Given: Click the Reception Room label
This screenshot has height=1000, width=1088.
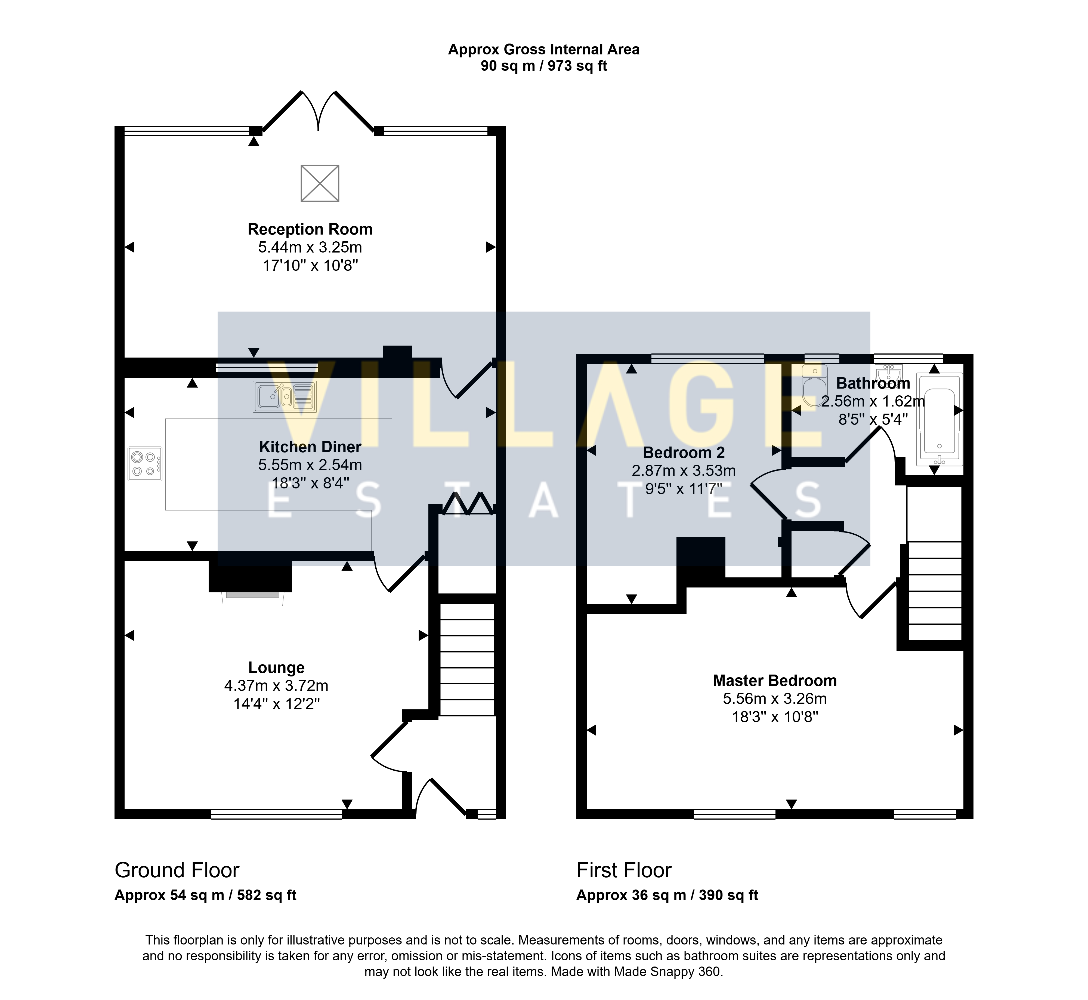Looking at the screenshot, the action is click(310, 229).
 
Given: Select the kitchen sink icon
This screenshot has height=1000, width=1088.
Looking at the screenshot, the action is click(285, 397).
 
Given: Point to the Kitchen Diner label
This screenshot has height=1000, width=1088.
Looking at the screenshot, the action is click(310, 447).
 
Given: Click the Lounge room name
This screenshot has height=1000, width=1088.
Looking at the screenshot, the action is click(276, 668).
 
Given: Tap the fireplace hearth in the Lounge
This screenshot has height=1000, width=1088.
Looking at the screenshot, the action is click(253, 598).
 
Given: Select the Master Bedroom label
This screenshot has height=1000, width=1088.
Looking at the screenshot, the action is click(775, 681).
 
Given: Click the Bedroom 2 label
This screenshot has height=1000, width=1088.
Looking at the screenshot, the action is click(684, 452).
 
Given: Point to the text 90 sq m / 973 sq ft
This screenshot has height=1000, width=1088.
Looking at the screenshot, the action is click(544, 66).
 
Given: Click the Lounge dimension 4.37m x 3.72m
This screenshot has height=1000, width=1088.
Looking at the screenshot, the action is click(276, 686).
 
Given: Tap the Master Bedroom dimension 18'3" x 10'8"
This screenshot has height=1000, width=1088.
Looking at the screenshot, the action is click(775, 717).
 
